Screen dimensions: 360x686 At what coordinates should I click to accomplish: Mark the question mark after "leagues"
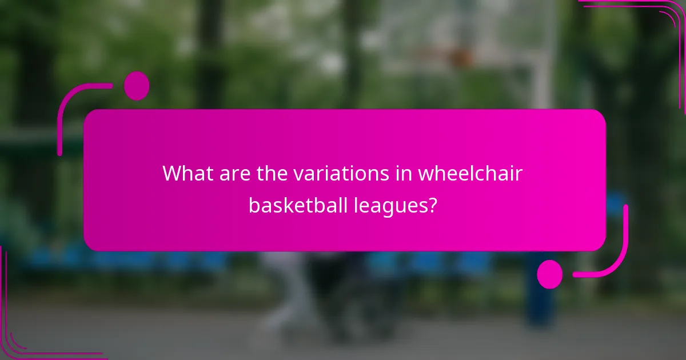433,205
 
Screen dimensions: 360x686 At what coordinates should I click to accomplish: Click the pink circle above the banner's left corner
136,86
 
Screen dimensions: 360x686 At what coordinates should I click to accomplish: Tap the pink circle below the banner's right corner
549,274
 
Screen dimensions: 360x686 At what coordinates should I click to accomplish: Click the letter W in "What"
172,173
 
